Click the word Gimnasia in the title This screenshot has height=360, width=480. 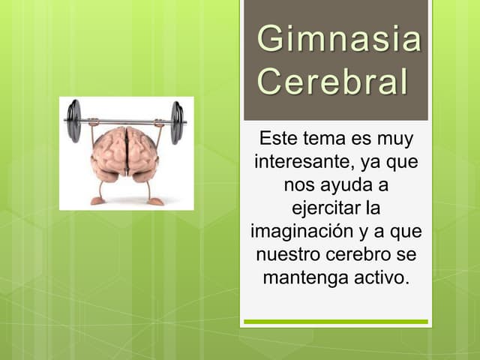[x=339, y=40]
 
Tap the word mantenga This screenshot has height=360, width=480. [x=304, y=277]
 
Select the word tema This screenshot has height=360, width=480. [x=322, y=139]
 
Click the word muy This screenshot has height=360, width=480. [x=397, y=139]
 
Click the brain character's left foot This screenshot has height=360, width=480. [x=97, y=200]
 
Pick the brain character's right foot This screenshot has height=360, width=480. [x=154, y=201]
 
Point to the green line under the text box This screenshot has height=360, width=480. [x=336, y=322]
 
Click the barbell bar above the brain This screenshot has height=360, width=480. [x=124, y=121]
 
